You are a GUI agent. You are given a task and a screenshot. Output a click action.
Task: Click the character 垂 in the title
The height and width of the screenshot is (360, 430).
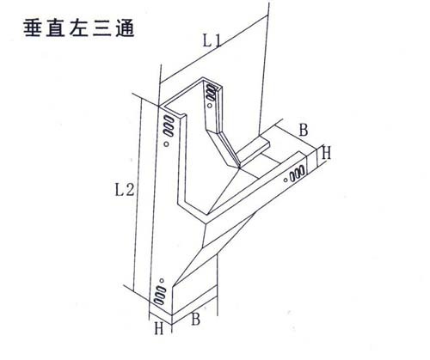32,28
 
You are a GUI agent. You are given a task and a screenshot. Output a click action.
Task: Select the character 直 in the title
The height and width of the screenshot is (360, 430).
55,28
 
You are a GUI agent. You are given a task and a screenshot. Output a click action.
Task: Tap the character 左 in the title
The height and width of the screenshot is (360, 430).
78,28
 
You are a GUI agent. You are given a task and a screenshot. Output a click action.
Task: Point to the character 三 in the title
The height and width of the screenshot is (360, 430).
101,28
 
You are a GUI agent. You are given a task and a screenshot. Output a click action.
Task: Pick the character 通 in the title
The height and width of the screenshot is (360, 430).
125,28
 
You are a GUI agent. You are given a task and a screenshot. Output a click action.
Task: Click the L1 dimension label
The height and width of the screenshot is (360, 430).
212,40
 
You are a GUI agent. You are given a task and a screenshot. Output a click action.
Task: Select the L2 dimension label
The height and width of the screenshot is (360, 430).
125,190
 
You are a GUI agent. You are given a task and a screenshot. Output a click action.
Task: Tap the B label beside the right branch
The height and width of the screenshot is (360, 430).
304,130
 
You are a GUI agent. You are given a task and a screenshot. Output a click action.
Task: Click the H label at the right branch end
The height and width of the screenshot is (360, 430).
326,152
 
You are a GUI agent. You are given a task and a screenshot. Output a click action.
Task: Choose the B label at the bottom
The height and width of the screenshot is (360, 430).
195,319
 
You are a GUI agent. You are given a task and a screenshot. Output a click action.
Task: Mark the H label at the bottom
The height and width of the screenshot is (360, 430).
159,328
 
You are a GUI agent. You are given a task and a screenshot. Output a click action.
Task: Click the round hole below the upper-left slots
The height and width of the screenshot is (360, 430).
167,144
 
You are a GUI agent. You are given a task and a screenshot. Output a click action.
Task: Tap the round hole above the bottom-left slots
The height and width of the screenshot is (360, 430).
162,281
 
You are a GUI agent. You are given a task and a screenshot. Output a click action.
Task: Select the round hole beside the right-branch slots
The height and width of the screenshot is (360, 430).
286,180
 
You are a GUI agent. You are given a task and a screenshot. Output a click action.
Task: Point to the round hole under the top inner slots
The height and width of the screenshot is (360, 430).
210,106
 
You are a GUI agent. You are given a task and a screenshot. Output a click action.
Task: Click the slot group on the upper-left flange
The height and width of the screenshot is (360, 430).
169,125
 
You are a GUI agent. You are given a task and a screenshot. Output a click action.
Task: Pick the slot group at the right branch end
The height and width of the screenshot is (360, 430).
297,174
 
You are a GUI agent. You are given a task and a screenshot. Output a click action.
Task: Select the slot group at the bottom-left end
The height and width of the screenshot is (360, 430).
160,295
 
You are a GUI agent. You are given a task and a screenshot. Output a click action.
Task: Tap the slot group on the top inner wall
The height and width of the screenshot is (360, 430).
211,93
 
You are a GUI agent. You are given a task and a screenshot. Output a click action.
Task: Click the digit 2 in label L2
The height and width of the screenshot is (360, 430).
130,190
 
